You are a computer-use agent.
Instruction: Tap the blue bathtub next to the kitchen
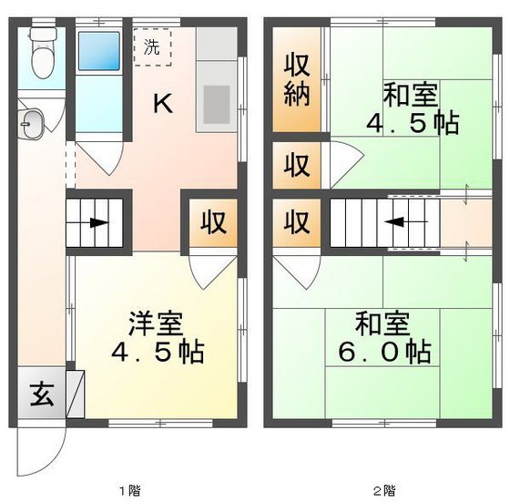click(98, 57)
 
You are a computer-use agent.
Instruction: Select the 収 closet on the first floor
click(214, 223)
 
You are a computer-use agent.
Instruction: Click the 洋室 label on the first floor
click(155, 323)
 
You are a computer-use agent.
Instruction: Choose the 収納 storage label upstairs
click(297, 80)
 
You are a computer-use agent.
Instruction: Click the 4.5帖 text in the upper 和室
click(412, 123)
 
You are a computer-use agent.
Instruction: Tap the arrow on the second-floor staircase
click(399, 221)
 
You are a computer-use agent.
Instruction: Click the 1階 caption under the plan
click(128, 490)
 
